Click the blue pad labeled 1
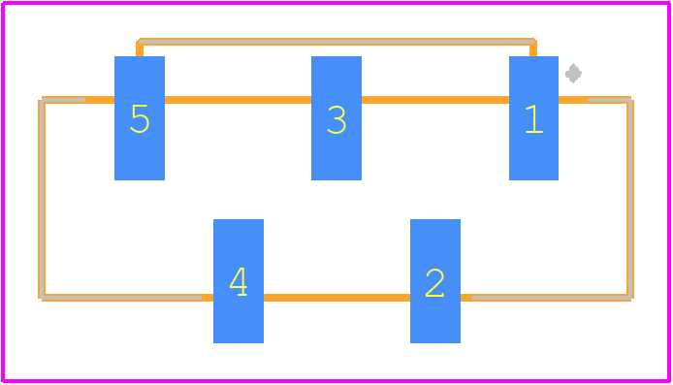(x=533, y=118)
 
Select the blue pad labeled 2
(x=435, y=281)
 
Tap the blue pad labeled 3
(x=336, y=118)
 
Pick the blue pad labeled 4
(x=239, y=281)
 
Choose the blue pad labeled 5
(x=140, y=118)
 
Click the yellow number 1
(x=534, y=119)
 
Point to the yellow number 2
(x=434, y=283)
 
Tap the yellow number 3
(x=336, y=119)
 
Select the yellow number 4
(x=239, y=281)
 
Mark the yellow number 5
(x=140, y=118)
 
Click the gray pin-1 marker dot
(x=573, y=74)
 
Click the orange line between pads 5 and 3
(x=238, y=100)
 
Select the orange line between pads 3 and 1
(x=435, y=100)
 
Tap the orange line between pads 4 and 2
(x=336, y=298)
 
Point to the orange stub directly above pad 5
(x=140, y=49)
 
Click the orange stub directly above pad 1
(x=533, y=49)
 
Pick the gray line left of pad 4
(x=121, y=298)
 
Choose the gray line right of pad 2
(x=552, y=298)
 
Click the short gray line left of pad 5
(x=64, y=100)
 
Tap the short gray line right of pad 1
(x=609, y=100)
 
